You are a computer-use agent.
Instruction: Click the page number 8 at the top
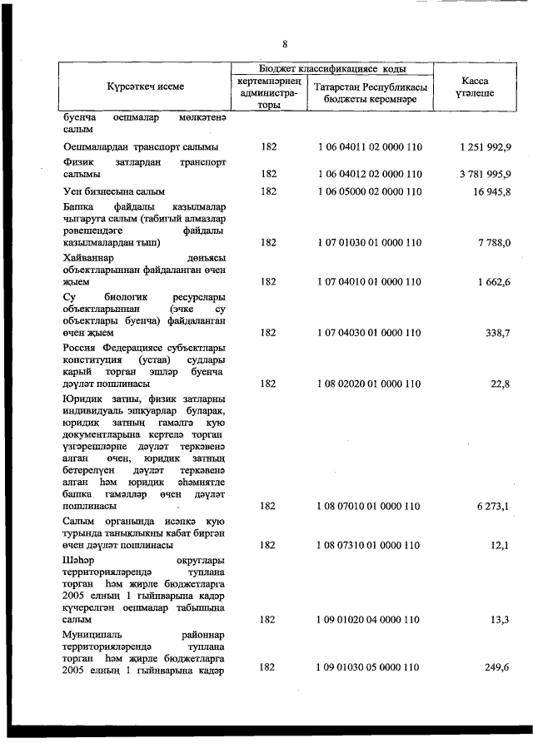coord(285,43)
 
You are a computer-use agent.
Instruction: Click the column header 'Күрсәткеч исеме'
coord(146,87)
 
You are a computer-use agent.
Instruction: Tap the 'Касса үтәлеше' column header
coord(475,87)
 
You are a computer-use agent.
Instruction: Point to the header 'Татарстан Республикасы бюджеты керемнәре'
coord(371,93)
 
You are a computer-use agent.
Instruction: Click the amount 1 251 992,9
coord(485,147)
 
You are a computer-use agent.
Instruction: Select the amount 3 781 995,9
coord(485,174)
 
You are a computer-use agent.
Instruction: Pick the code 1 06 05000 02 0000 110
coord(371,191)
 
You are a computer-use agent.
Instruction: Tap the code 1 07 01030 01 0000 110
coord(371,242)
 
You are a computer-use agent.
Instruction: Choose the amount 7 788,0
coord(494,242)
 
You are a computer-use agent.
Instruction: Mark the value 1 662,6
coord(494,282)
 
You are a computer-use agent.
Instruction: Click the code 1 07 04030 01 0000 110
coord(371,332)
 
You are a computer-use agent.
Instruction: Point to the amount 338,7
coord(498,332)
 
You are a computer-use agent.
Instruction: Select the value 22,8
coord(501,384)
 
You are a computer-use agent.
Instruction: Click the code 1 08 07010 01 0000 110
coord(371,505)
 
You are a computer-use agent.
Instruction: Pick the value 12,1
coord(501,545)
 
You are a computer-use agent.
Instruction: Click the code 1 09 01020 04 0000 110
coord(371,619)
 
